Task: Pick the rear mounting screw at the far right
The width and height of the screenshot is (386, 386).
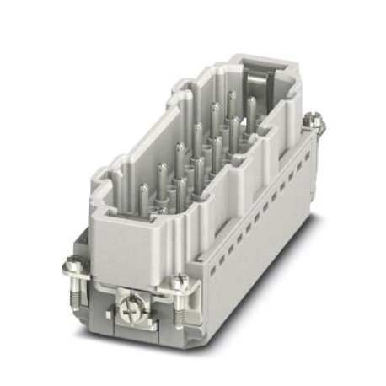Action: point(316,123)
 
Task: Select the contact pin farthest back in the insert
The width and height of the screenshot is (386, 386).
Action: point(231,98)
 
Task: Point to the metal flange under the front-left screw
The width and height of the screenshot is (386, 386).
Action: point(80,278)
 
